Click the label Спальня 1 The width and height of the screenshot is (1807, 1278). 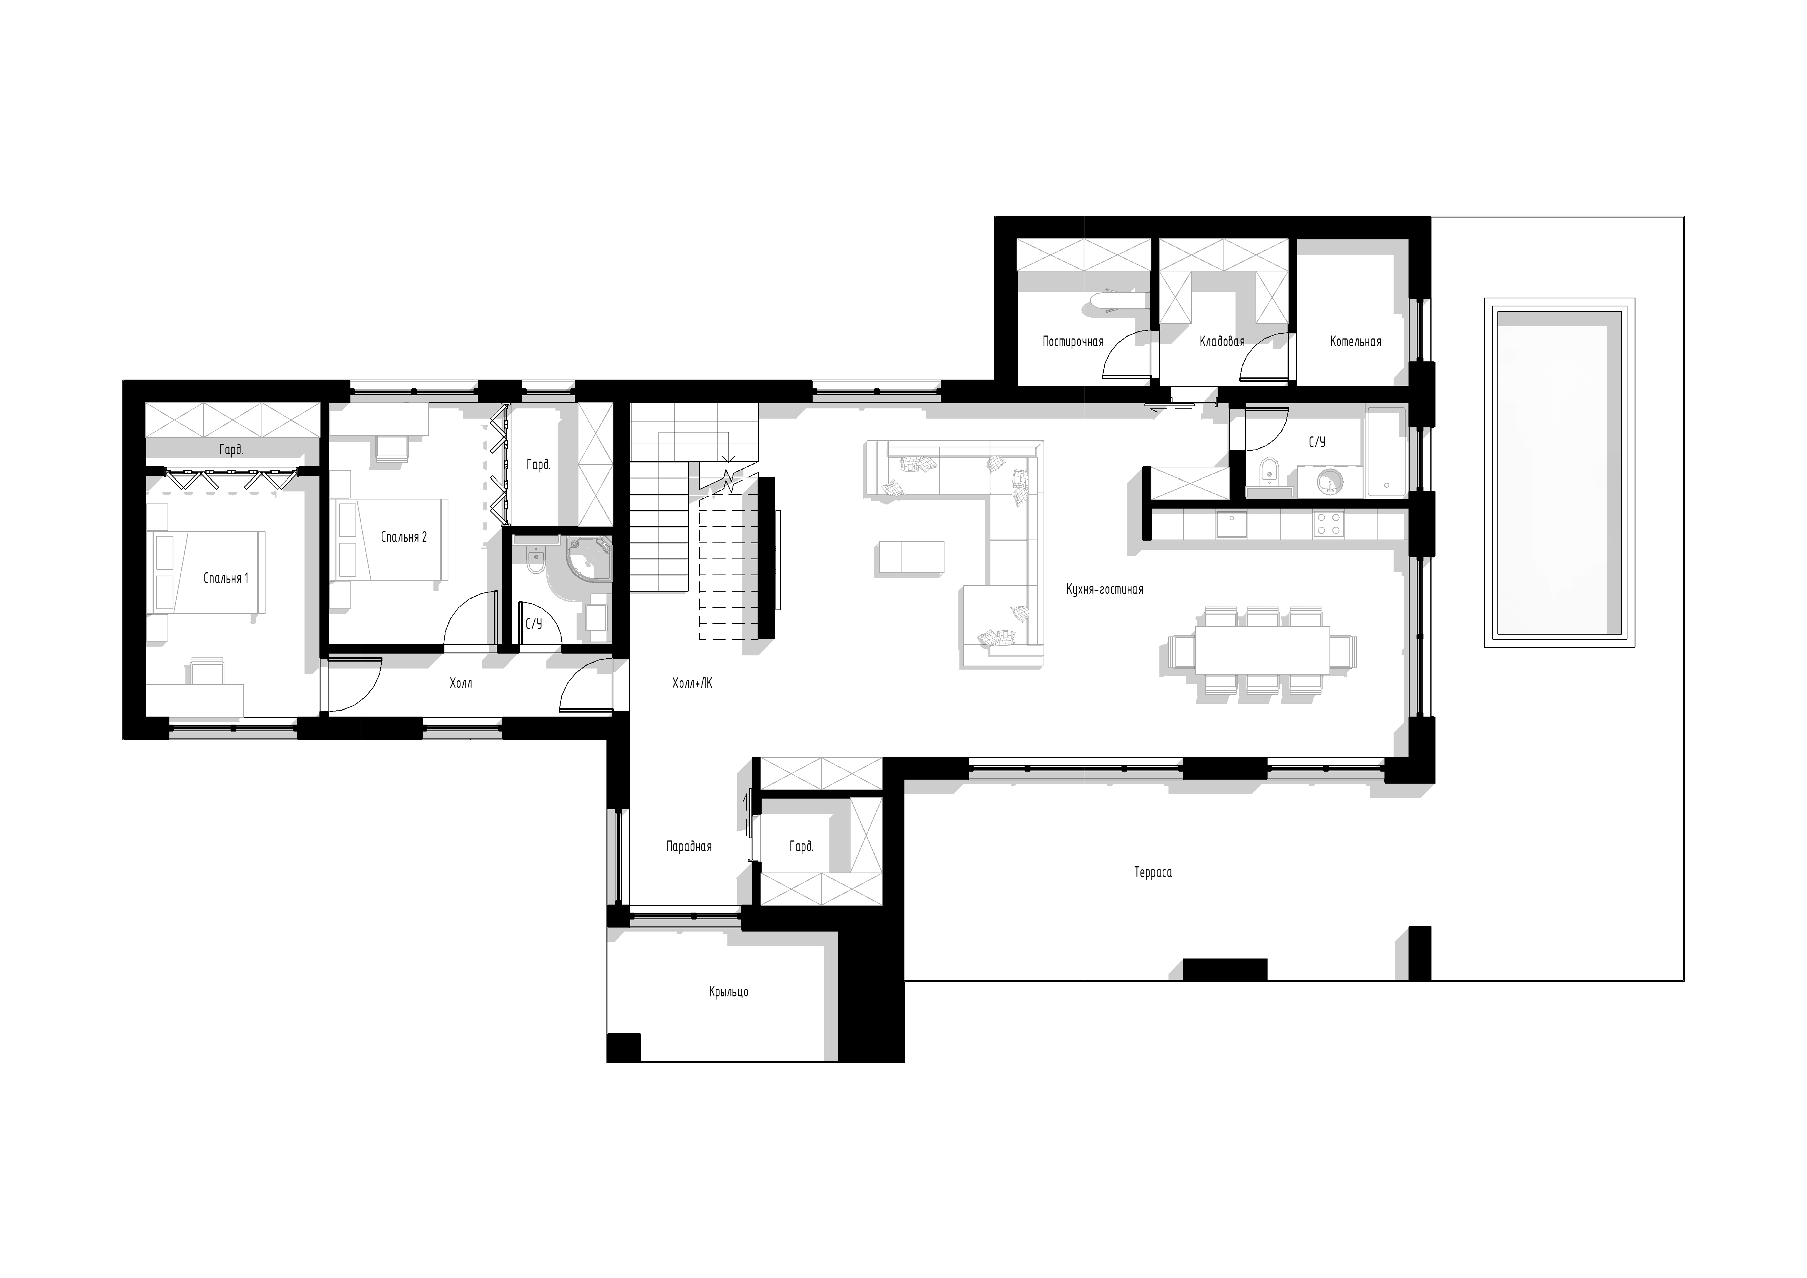[226, 579]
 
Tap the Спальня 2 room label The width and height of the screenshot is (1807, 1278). [404, 537]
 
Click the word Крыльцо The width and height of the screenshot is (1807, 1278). [729, 992]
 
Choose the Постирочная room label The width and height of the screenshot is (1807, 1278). [1073, 341]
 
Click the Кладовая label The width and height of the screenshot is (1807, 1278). [1222, 341]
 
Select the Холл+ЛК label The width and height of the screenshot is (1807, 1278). [692, 684]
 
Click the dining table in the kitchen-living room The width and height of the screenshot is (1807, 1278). [1262, 650]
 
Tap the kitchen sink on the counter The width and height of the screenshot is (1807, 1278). [1232, 524]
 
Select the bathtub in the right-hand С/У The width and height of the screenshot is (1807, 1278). [1387, 452]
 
